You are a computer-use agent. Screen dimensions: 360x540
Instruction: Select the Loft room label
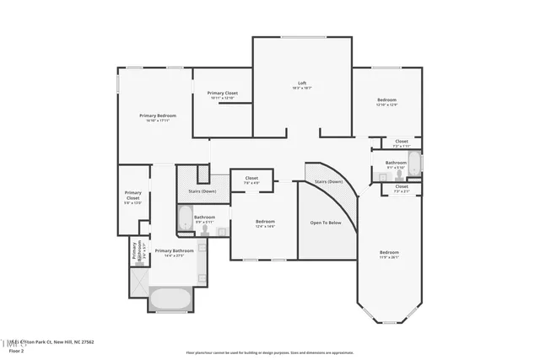301,83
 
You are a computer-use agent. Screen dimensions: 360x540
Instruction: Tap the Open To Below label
325,223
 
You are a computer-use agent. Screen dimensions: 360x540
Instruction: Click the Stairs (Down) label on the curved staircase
328,181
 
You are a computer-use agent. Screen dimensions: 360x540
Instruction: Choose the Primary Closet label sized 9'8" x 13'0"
132,197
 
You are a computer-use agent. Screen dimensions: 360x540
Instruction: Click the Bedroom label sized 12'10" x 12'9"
386,101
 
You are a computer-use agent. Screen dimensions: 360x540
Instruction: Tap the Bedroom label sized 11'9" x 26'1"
388,254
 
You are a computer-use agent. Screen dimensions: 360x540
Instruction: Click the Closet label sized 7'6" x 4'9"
251,179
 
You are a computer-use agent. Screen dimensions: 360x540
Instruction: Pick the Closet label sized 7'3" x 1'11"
401,142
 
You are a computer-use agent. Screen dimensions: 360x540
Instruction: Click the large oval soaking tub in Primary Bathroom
171,298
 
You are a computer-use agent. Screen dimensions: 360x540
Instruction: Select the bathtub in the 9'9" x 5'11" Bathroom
185,220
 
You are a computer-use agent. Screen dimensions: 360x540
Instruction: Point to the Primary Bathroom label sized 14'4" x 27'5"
174,252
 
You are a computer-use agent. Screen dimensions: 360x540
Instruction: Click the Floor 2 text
15,350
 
